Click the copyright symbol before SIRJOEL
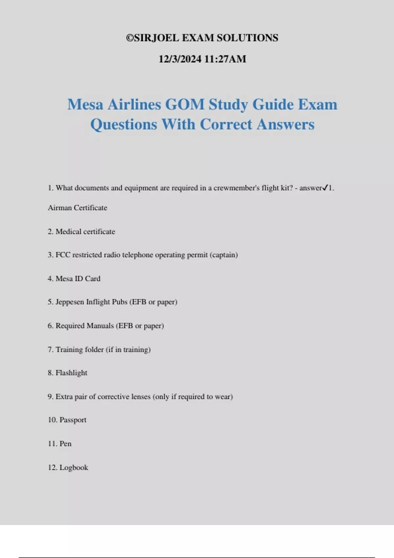(x=130, y=38)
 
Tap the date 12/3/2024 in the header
(x=180, y=59)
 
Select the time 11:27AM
(x=225, y=59)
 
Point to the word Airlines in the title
(x=134, y=105)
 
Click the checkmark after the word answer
(x=325, y=188)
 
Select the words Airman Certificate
(x=77, y=208)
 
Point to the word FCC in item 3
(x=63, y=255)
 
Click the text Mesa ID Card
(x=78, y=279)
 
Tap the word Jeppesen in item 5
(x=70, y=302)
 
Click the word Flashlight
(x=71, y=373)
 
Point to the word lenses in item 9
(x=141, y=397)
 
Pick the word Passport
(x=73, y=420)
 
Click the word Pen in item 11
(x=65, y=444)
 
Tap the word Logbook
(x=74, y=467)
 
